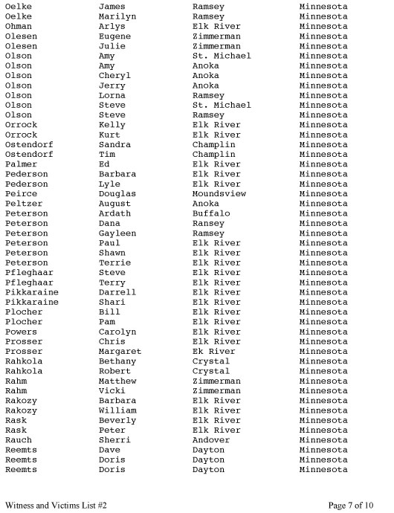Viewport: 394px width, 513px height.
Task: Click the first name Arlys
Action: (x=112, y=26)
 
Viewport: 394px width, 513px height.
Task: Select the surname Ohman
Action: (x=18, y=26)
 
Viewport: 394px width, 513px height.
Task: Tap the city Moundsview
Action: (x=219, y=193)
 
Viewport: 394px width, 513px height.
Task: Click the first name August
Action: (x=114, y=204)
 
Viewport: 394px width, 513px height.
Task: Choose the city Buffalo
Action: (x=211, y=213)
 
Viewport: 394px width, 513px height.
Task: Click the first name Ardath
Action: (x=114, y=213)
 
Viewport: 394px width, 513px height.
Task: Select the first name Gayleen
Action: (x=117, y=233)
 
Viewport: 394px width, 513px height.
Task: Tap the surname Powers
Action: (x=21, y=332)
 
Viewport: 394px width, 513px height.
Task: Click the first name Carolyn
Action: (x=117, y=332)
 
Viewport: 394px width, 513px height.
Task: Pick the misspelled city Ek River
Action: (x=213, y=351)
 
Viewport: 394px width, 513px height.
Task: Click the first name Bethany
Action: (x=117, y=361)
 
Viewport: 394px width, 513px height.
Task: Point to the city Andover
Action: (x=211, y=440)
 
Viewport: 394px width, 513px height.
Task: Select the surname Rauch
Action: (x=18, y=440)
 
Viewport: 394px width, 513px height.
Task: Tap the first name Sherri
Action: (x=114, y=440)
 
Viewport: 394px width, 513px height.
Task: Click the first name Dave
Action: (x=109, y=450)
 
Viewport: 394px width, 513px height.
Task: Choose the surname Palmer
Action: (x=21, y=164)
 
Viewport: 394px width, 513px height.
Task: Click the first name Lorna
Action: (x=112, y=95)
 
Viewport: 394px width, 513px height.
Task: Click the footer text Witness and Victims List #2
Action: (x=56, y=505)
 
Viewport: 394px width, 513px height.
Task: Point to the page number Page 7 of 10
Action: (x=350, y=505)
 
